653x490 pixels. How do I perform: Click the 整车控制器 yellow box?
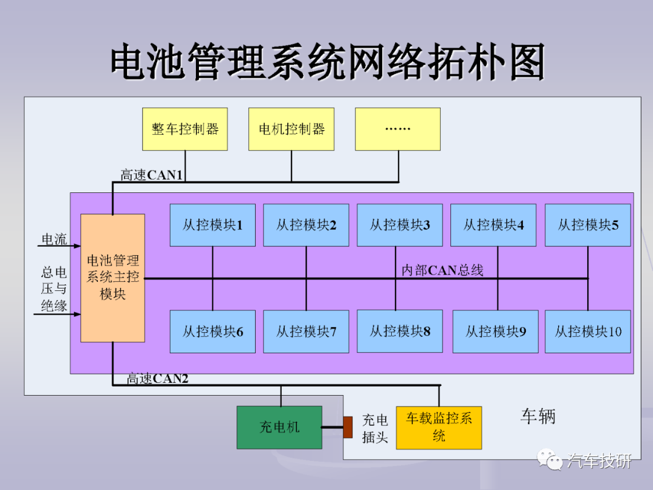(x=185, y=129)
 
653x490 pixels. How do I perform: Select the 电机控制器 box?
(x=291, y=129)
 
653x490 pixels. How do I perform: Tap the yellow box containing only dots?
(x=398, y=129)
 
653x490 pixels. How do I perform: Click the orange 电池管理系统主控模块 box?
(x=113, y=278)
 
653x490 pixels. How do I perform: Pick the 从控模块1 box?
(x=213, y=225)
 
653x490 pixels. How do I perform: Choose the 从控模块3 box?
(x=400, y=225)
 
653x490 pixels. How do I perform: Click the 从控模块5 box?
(x=588, y=225)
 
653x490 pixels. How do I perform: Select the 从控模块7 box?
(x=306, y=332)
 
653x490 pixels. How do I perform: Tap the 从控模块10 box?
(x=588, y=332)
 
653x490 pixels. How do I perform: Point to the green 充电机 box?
(x=279, y=428)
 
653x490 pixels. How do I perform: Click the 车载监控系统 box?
(x=439, y=428)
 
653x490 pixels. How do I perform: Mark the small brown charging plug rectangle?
(x=348, y=427)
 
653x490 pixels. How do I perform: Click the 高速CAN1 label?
(x=152, y=175)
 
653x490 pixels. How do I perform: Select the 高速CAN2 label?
(x=157, y=378)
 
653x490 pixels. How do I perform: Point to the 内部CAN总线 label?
(x=442, y=270)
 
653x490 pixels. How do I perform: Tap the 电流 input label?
(x=54, y=239)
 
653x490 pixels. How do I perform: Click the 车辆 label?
(x=538, y=416)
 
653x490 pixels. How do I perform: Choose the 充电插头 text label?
(x=375, y=428)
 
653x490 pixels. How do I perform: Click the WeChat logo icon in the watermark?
(x=549, y=459)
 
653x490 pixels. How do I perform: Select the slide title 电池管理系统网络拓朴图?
(x=328, y=62)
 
